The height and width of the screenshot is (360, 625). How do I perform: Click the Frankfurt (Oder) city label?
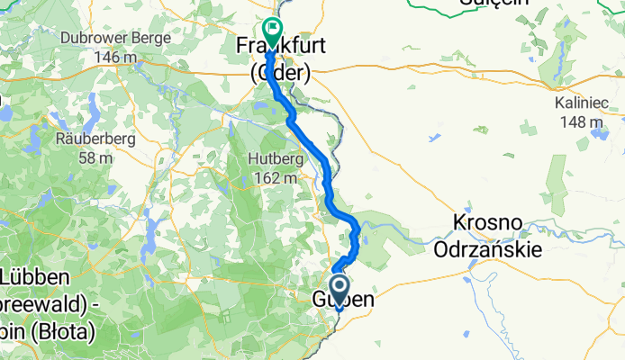[274, 58]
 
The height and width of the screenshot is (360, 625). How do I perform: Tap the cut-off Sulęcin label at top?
[493, 4]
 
